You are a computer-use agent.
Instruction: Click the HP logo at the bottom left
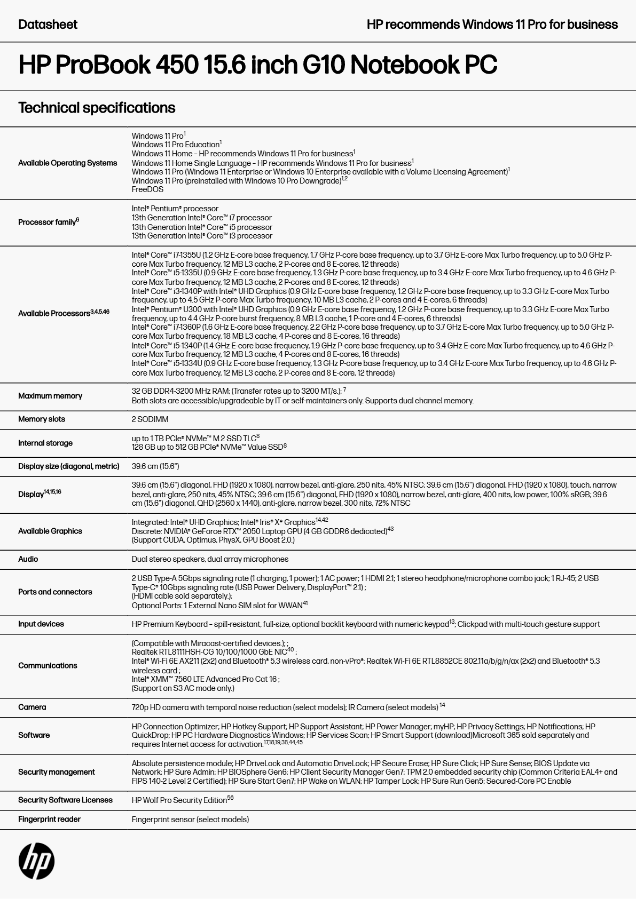pyautogui.click(x=36, y=861)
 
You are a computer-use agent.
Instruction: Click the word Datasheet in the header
pyautogui.click(x=48, y=25)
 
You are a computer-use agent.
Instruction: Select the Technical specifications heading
pyautogui.click(x=97, y=108)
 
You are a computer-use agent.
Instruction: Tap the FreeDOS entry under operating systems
pyautogui.click(x=147, y=189)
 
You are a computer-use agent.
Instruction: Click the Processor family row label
pyautogui.click(x=48, y=222)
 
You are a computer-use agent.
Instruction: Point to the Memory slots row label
pyautogui.click(x=42, y=419)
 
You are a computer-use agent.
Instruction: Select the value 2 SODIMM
pyautogui.click(x=150, y=419)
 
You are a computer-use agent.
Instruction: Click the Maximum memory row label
pyautogui.click(x=50, y=396)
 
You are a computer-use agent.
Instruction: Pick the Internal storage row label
pyautogui.click(x=45, y=443)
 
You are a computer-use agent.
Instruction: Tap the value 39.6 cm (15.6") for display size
pyautogui.click(x=155, y=466)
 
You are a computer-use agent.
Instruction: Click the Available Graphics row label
pyautogui.click(x=50, y=531)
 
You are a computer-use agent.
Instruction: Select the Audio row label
pyautogui.click(x=28, y=559)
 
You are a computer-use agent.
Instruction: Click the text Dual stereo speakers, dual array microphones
pyautogui.click(x=210, y=559)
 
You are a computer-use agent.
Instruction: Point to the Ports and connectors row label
pyautogui.click(x=55, y=592)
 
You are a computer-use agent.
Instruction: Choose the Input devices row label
pyautogui.click(x=41, y=624)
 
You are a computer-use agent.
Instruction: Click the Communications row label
pyautogui.click(x=48, y=665)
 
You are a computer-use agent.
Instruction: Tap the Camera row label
pyautogui.click(x=32, y=707)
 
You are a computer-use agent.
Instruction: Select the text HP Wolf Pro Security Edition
pyautogui.click(x=179, y=800)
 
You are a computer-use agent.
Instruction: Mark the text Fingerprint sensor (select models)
pyautogui.click(x=190, y=820)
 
